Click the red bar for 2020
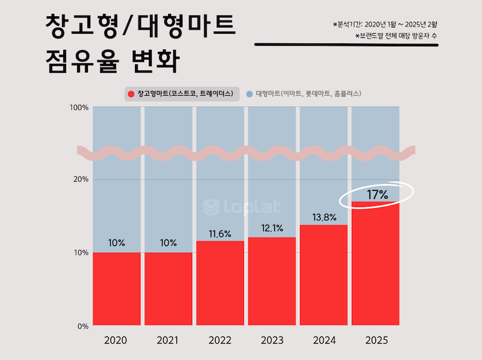tap(116, 289)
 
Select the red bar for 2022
tap(220, 283)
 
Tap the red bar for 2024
tap(324, 275)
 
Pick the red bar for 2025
tap(375, 264)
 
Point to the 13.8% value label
tap(324, 217)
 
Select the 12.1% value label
tap(272, 229)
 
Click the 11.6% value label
tap(220, 234)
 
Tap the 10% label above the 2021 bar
tap(168, 243)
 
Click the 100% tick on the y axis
tap(79, 107)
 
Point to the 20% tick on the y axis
tap(80, 179)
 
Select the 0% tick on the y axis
tap(83, 326)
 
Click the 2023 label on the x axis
tap(272, 341)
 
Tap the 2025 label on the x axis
tap(376, 341)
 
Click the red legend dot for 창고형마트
tap(131, 94)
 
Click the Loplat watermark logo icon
tap(211, 208)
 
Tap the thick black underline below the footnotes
tap(346, 45)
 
